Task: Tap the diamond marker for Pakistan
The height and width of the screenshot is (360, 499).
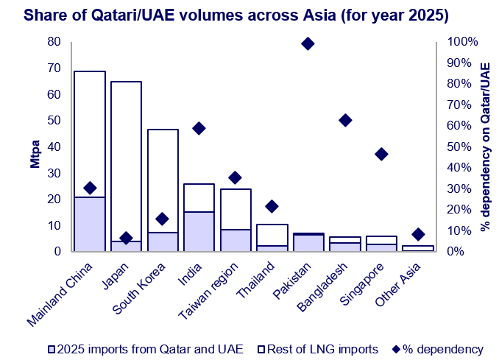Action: [x=308, y=43]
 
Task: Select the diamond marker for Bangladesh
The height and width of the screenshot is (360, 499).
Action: [x=344, y=120]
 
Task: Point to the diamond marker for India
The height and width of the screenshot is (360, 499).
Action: [x=199, y=128]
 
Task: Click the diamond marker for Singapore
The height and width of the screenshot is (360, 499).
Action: [x=381, y=154]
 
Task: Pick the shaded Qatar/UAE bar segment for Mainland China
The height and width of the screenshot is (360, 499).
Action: [x=90, y=225]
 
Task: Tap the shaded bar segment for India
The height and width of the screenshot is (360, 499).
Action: [x=199, y=232]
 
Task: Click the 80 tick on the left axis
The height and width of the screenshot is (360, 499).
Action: [x=54, y=42]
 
